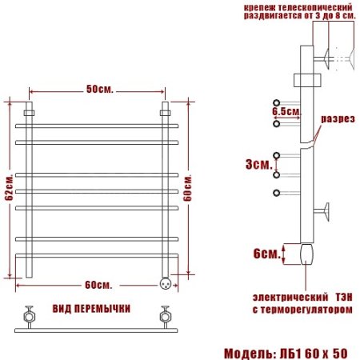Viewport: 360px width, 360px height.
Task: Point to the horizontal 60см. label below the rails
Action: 98,286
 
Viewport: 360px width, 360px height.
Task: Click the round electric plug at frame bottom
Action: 166,282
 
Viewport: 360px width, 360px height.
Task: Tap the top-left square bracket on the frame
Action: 29,113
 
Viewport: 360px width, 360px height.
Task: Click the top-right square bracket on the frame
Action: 166,113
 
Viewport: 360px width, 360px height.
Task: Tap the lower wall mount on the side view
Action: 326,211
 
